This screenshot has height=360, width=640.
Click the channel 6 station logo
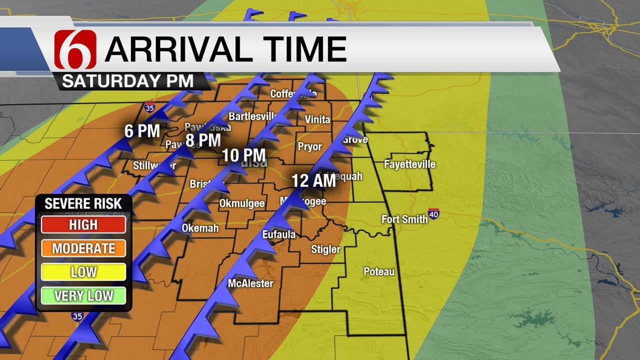pyautogui.click(x=75, y=49)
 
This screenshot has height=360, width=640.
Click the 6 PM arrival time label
pyautogui.click(x=142, y=131)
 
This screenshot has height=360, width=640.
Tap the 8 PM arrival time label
pyautogui.click(x=203, y=139)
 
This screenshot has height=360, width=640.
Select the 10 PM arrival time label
pyautogui.click(x=244, y=155)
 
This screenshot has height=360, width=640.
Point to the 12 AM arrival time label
pyautogui.click(x=313, y=180)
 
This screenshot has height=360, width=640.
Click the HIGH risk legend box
pyautogui.click(x=83, y=224)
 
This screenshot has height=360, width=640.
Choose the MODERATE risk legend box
pyautogui.click(x=83, y=248)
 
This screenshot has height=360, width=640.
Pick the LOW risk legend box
pyautogui.click(x=83, y=272)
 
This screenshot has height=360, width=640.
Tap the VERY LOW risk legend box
pyautogui.click(x=83, y=295)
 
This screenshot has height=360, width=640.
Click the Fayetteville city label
pyautogui.click(x=409, y=164)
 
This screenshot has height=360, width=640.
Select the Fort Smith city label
pyautogui.click(x=404, y=219)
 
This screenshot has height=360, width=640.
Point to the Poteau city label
pyautogui.click(x=379, y=271)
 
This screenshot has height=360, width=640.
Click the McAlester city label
pyautogui.click(x=250, y=283)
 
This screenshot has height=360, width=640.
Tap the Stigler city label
pyautogui.click(x=325, y=249)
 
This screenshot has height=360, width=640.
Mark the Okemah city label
pyautogui.click(x=200, y=228)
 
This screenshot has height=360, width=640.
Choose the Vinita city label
pyautogui.click(x=317, y=119)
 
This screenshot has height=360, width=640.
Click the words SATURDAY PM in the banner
pyautogui.click(x=127, y=81)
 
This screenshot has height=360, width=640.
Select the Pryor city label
pyautogui.click(x=310, y=147)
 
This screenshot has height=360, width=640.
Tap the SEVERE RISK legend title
pyautogui.click(x=83, y=203)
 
